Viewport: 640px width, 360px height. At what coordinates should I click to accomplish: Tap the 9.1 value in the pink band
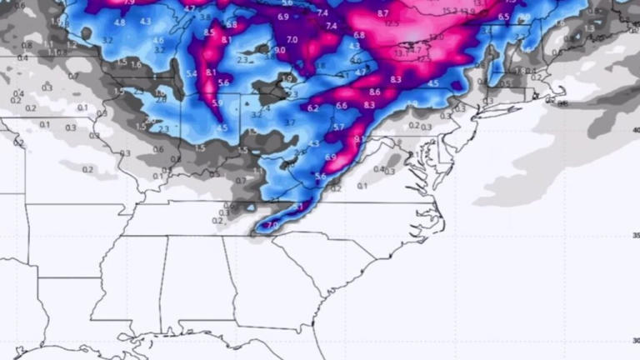point(358,140)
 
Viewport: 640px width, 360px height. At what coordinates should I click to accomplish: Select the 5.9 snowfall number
point(217,103)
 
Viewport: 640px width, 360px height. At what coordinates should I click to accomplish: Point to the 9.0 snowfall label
point(279,51)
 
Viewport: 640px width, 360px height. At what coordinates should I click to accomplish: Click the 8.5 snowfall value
point(208,32)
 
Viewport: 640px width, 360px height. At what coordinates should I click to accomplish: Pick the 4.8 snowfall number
point(119,22)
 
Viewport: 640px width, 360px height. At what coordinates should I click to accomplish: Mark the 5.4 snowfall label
point(191,74)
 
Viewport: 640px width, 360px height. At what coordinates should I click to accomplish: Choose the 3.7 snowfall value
point(289,122)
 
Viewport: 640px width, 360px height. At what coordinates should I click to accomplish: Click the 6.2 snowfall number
point(313,108)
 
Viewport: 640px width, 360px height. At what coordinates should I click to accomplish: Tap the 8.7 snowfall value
point(382,14)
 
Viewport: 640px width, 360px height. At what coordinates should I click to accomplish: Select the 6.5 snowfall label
point(503,17)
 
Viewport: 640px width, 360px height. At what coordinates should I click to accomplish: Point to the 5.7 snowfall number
point(338,127)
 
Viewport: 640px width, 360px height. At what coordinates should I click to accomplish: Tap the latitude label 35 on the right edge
point(635,236)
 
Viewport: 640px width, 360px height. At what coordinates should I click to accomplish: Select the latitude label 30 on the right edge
point(635,340)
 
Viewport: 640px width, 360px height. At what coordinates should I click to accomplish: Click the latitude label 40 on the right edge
point(635,130)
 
